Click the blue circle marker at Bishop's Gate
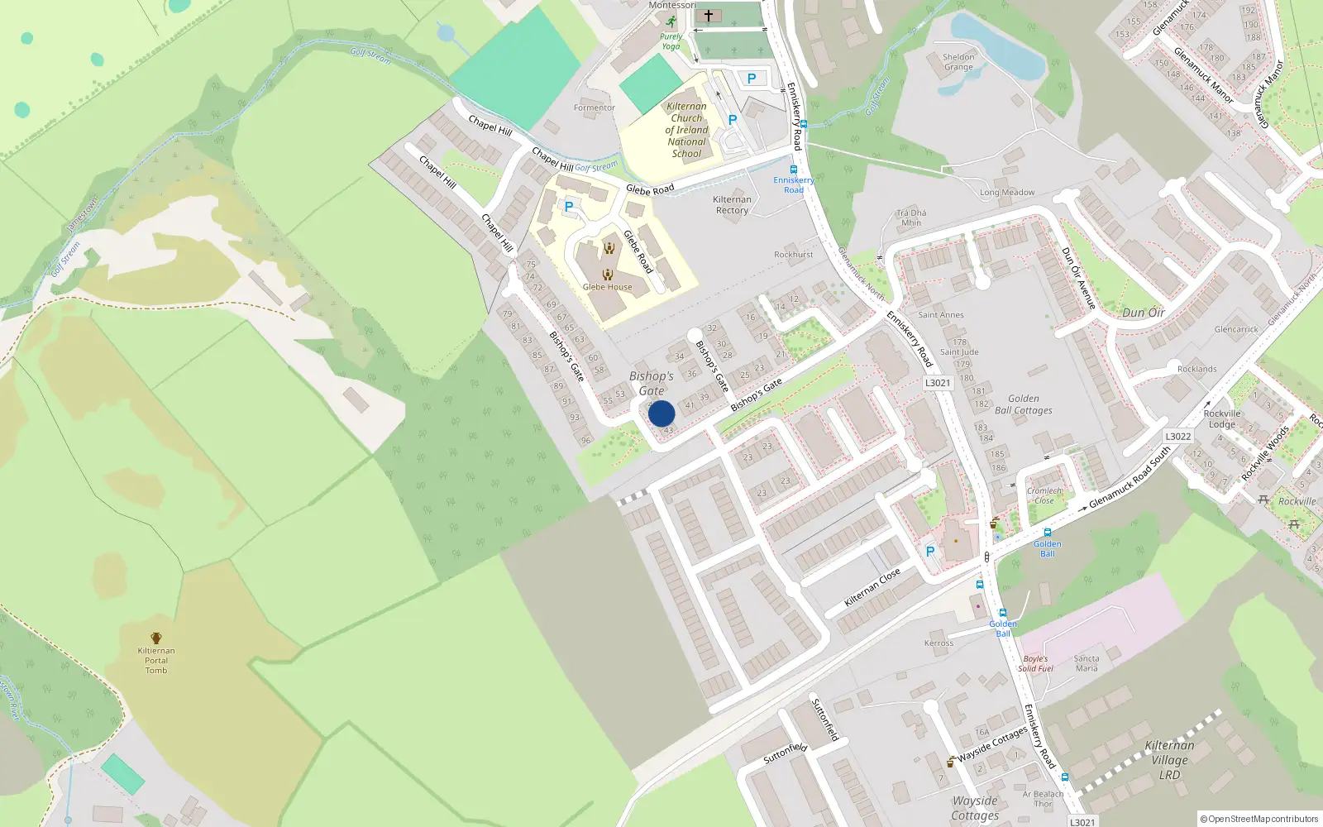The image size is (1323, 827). [x=661, y=413]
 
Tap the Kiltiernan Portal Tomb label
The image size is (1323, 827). [x=156, y=660]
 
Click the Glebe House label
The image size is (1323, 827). [x=607, y=287]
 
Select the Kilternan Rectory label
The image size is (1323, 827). [x=732, y=205]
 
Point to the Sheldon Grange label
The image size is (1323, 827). [x=958, y=62]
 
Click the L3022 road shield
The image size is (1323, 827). [x=1178, y=437]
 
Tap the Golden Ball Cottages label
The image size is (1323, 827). [x=1024, y=404]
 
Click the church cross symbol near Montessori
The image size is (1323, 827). [x=708, y=16]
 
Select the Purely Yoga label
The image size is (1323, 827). [x=671, y=41]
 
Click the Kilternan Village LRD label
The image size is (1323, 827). [x=1169, y=760]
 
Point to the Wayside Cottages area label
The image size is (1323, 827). [x=975, y=808]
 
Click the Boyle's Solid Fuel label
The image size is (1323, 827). [x=1035, y=664]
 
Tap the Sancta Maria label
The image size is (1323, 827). [x=1087, y=663]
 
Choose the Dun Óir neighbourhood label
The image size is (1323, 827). [x=1144, y=313]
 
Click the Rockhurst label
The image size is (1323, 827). [x=793, y=255]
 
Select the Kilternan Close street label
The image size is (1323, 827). [x=872, y=587]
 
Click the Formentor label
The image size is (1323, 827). [x=595, y=108]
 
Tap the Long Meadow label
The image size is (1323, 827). [x=1007, y=193]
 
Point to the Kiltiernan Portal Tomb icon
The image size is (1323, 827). [x=156, y=638]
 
